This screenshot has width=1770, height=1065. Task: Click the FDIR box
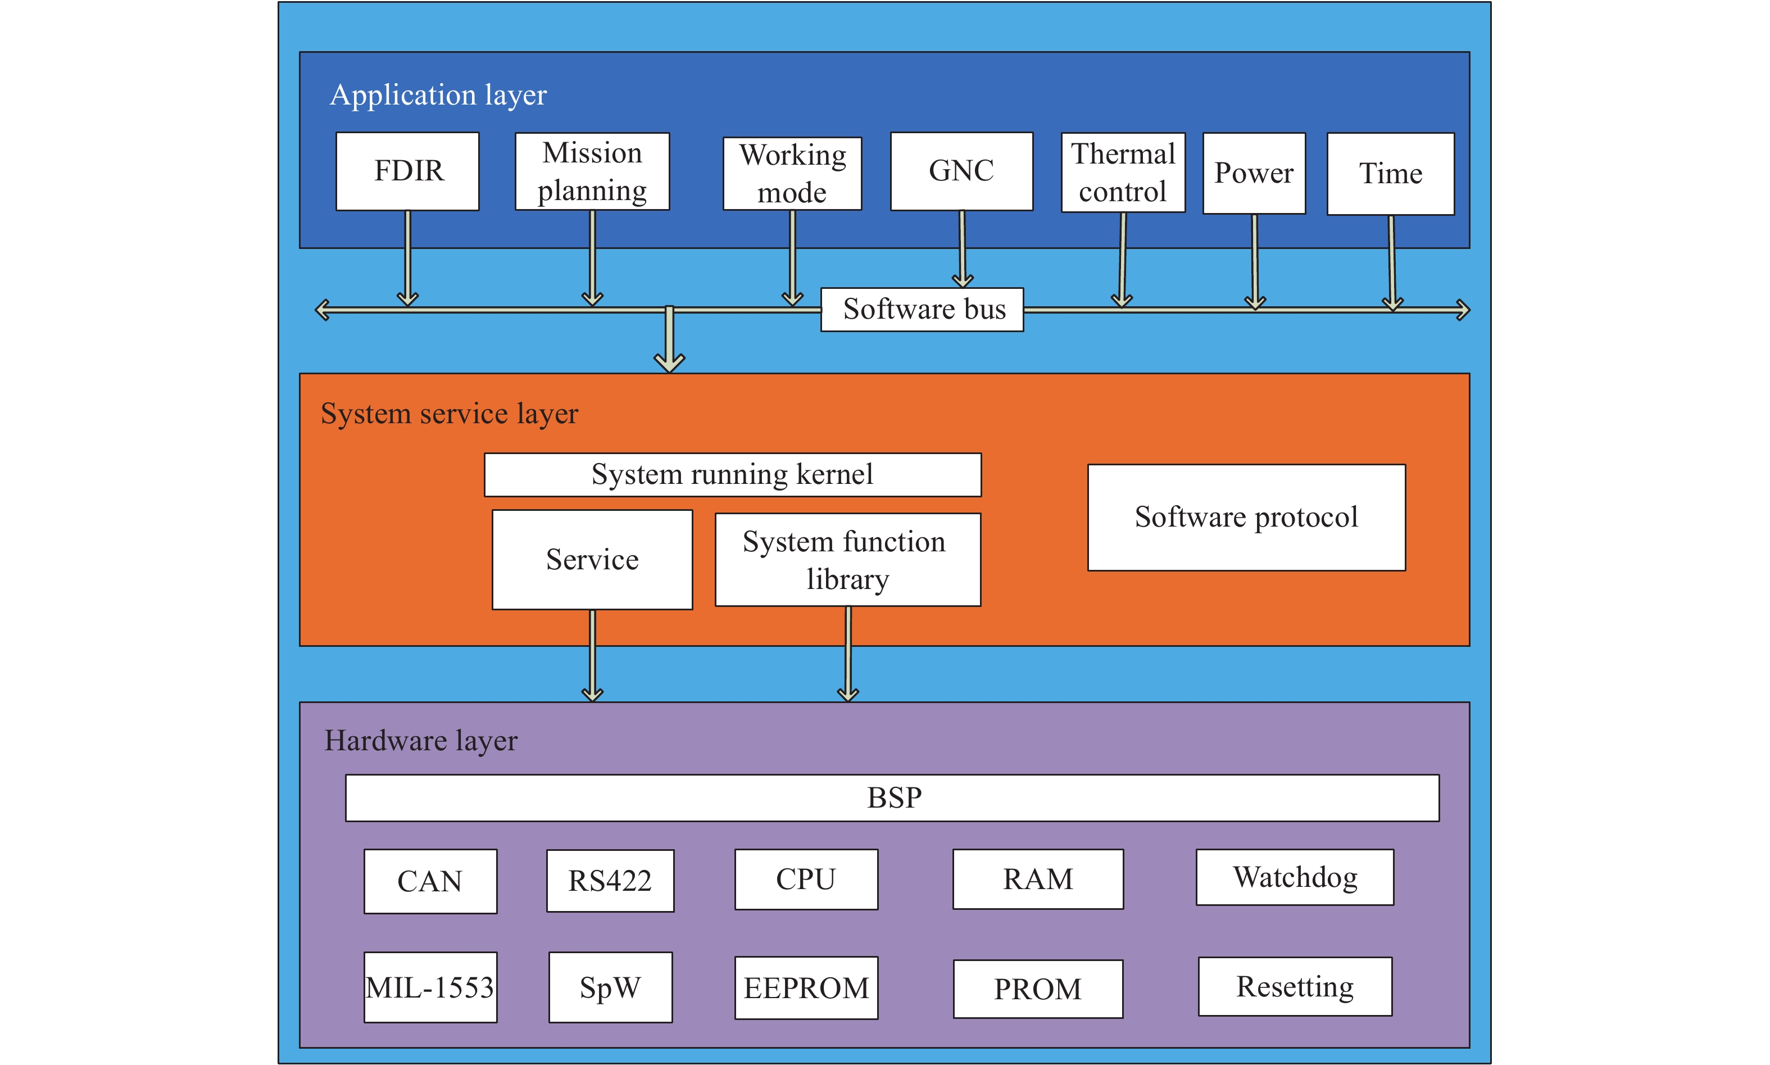pyautogui.click(x=407, y=171)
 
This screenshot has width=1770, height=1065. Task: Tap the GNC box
pyautogui.click(x=961, y=171)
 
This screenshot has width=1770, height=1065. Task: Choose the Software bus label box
pyautogui.click(x=922, y=309)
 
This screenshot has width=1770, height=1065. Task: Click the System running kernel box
pyautogui.click(x=733, y=474)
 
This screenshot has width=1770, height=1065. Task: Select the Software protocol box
pyautogui.click(x=1246, y=518)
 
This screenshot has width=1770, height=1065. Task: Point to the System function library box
pyautogui.click(x=847, y=560)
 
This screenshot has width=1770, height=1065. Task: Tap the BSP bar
pyautogui.click(x=892, y=797)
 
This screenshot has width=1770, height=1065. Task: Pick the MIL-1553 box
pyautogui.click(x=430, y=987)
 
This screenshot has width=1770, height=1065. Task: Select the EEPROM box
pyautogui.click(x=806, y=987)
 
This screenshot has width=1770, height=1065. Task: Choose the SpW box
pyautogui.click(x=611, y=987)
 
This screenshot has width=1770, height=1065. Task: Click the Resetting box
pyautogui.click(x=1295, y=986)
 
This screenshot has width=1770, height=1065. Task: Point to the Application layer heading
pyautogui.click(x=438, y=95)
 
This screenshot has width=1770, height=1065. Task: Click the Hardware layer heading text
pyautogui.click(x=421, y=741)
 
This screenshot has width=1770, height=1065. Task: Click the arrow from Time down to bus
pyautogui.click(x=1392, y=262)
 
